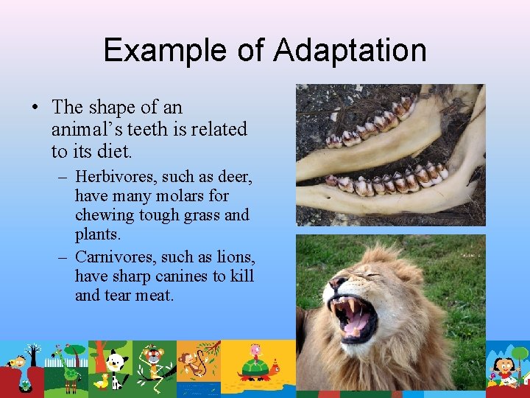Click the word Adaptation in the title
click(350, 50)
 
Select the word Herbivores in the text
click(110, 177)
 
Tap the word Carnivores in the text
click(111, 257)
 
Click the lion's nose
click(338, 284)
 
